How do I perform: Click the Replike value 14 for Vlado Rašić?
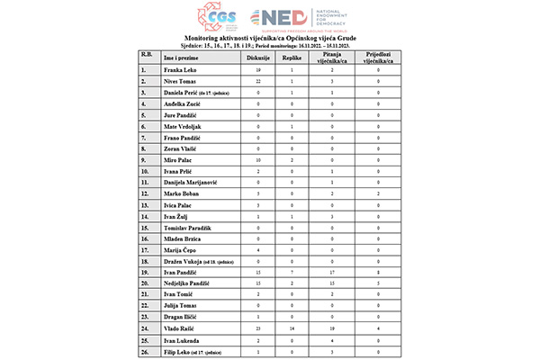pos(292,331)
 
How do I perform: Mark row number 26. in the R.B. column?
pos(144,355)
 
